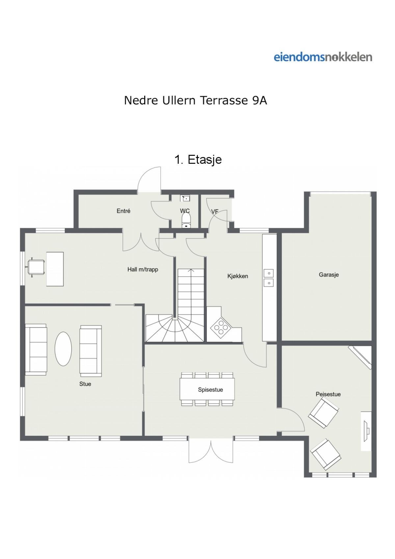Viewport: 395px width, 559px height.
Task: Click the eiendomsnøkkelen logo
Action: click(x=323, y=57)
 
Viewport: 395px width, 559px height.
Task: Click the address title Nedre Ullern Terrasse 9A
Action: click(x=196, y=100)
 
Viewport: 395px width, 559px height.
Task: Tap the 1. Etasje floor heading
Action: click(x=198, y=159)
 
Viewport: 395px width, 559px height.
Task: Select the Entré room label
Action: click(x=123, y=211)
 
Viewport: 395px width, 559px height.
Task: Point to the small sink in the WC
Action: click(x=185, y=198)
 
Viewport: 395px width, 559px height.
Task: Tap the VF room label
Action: click(x=215, y=211)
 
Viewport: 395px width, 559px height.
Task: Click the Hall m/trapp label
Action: click(x=143, y=269)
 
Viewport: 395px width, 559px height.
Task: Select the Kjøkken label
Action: click(x=238, y=276)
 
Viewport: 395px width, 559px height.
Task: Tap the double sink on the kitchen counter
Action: click(x=269, y=278)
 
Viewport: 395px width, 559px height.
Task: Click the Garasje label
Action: click(x=329, y=275)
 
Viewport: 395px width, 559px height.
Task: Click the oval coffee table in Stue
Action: click(x=63, y=349)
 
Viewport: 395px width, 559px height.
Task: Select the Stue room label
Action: click(x=85, y=384)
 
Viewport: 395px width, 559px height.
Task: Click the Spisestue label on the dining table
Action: click(x=210, y=390)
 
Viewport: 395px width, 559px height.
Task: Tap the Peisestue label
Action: click(x=328, y=394)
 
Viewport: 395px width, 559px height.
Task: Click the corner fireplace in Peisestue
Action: click(x=360, y=357)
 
